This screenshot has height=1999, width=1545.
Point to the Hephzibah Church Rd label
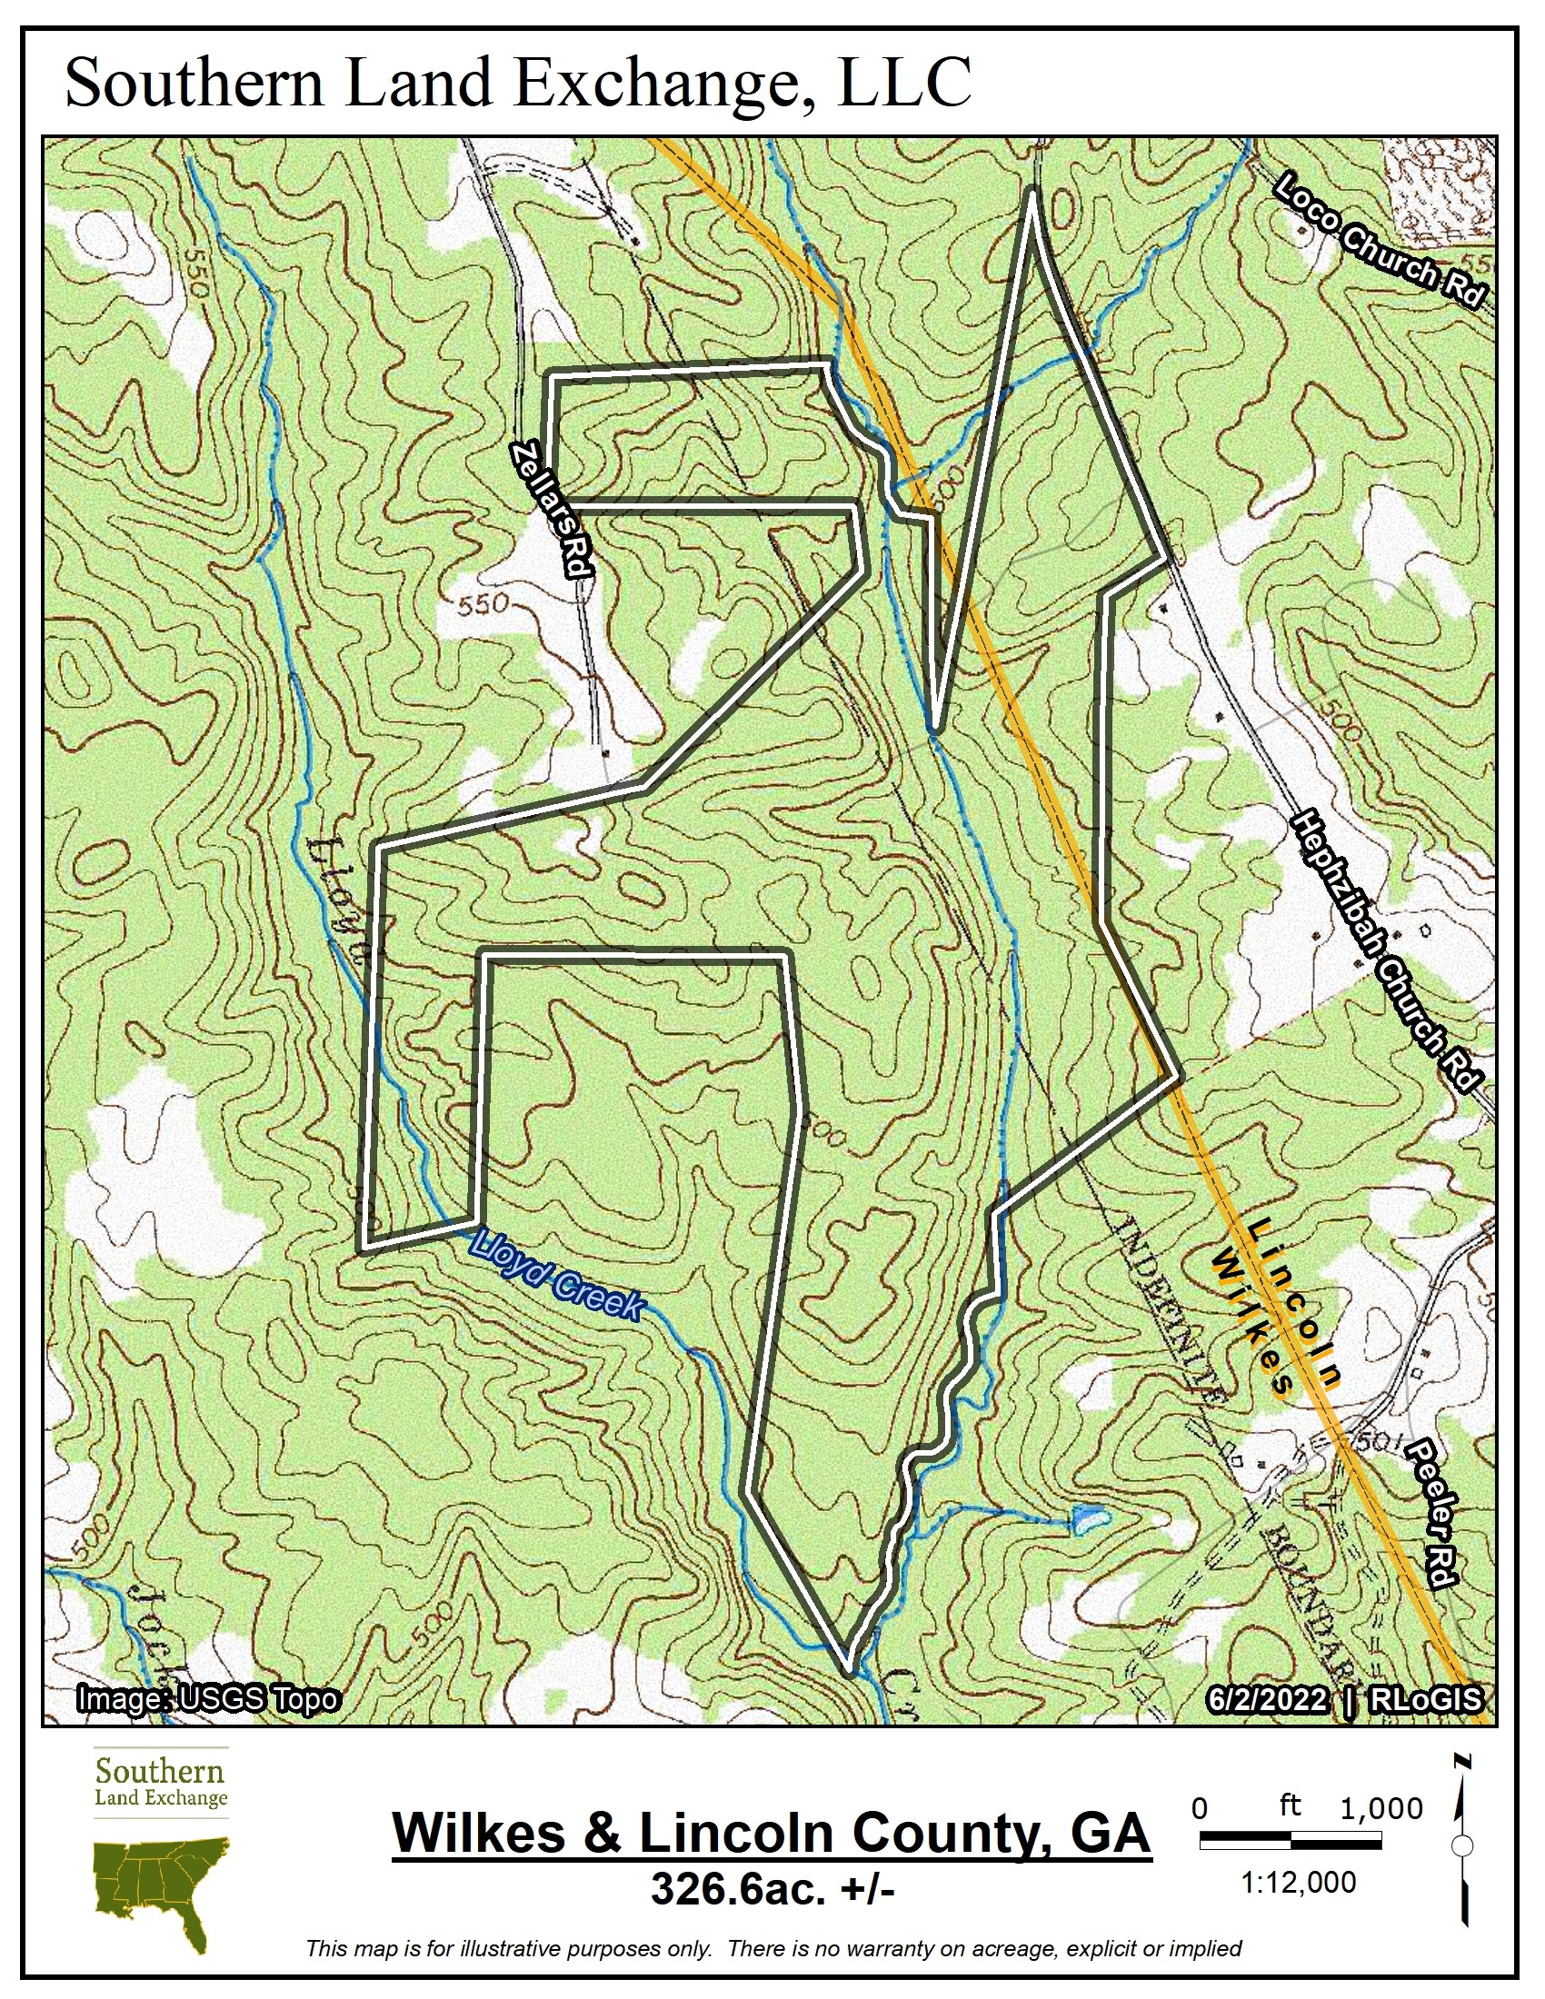pyautogui.click(x=1386, y=952)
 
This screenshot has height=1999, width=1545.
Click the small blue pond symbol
pyautogui.click(x=1087, y=1518)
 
